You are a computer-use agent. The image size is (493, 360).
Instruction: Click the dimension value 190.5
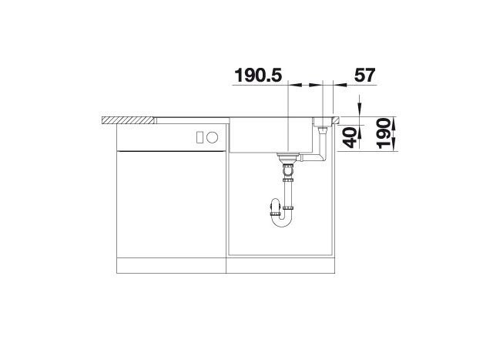(x=259, y=76)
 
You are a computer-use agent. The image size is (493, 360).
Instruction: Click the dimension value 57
(x=364, y=76)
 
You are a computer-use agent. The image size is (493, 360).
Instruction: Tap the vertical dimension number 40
(x=350, y=137)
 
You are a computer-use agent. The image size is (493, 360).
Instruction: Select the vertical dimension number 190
(x=384, y=133)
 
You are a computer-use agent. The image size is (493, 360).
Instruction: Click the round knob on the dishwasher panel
(x=213, y=137)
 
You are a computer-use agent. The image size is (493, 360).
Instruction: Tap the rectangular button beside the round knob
(x=200, y=137)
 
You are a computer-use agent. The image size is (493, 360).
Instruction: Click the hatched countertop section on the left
(x=129, y=120)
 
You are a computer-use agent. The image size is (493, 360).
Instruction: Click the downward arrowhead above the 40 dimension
(x=360, y=110)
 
